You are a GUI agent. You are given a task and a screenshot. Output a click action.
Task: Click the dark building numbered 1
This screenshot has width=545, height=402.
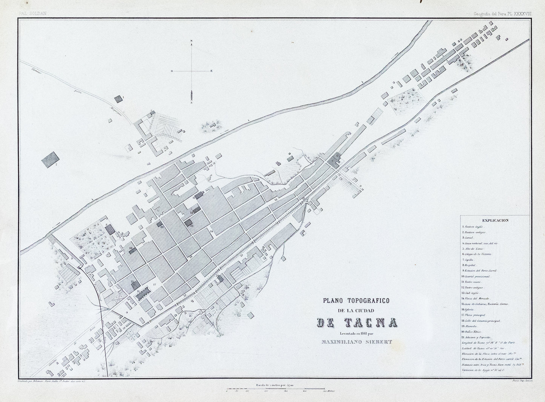coord(118,99)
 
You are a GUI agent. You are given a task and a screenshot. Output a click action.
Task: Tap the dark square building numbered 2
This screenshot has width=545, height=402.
coord(51,159)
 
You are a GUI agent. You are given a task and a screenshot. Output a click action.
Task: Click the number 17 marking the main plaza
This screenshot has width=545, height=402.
coord(154,284)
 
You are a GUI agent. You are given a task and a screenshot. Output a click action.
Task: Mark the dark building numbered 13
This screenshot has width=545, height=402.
coord(188,223)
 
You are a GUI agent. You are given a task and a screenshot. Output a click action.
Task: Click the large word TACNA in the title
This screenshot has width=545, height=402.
coord(356,323)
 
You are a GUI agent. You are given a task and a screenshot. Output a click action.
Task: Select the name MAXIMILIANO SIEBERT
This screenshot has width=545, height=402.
coord(356,342)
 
